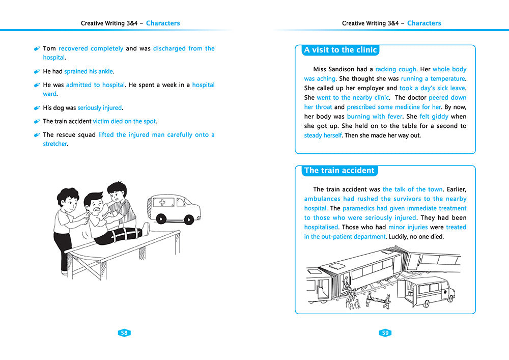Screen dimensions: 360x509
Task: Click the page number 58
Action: click(x=124, y=333)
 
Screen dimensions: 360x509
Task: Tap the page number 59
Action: click(x=385, y=333)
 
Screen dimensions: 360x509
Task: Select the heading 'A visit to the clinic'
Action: click(x=340, y=50)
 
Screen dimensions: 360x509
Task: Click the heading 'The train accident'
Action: click(x=339, y=171)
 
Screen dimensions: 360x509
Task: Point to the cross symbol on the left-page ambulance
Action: click(x=162, y=203)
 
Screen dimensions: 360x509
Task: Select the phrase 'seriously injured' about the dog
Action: click(x=100, y=108)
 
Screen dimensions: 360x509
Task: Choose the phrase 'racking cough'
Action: click(x=396, y=69)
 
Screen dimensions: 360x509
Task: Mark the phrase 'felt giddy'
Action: click(x=433, y=117)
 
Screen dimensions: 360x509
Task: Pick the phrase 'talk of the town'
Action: click(x=413, y=189)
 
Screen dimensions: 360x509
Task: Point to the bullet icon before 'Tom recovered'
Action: click(x=37, y=49)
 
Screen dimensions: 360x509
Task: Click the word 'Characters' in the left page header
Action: click(x=163, y=23)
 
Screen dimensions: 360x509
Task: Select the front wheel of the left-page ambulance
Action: click(x=161, y=219)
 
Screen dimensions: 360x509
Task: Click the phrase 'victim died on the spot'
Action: click(x=125, y=122)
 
